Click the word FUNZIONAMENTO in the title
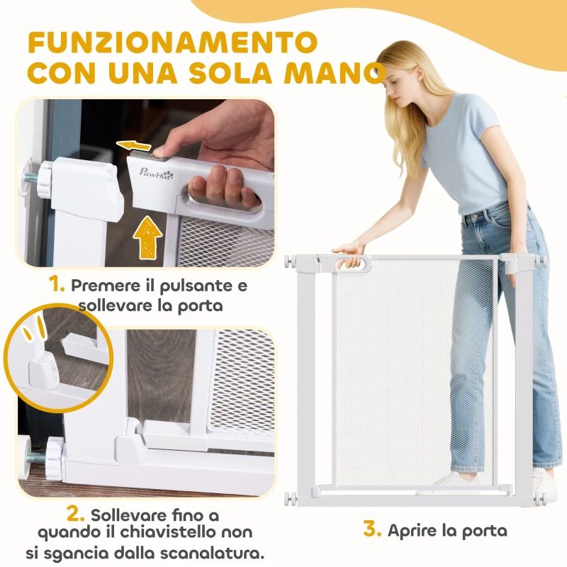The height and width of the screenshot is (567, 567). (x=172, y=42)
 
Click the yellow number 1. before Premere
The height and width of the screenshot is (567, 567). (x=57, y=286)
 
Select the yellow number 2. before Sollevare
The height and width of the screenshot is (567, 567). (x=76, y=512)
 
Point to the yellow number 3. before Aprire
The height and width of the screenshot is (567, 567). (x=374, y=529)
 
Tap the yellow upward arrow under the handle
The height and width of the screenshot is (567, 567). (x=147, y=235)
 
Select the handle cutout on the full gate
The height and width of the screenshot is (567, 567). (x=353, y=263)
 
